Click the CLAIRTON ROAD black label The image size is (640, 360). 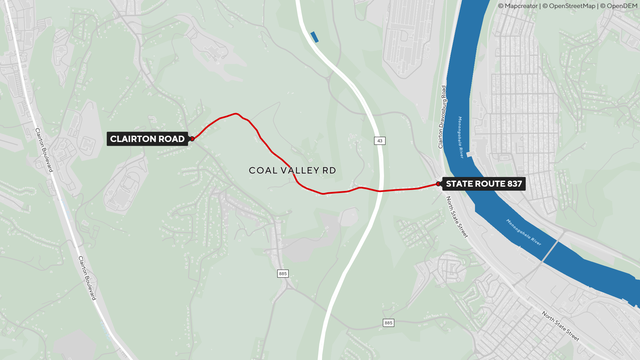(147, 139)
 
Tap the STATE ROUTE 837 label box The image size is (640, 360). (484, 183)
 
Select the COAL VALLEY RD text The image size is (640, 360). (292, 171)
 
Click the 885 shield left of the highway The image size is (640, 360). (283, 273)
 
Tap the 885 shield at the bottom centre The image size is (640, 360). (387, 322)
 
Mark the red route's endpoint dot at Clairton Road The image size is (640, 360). (190, 139)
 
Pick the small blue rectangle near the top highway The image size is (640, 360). (315, 37)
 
